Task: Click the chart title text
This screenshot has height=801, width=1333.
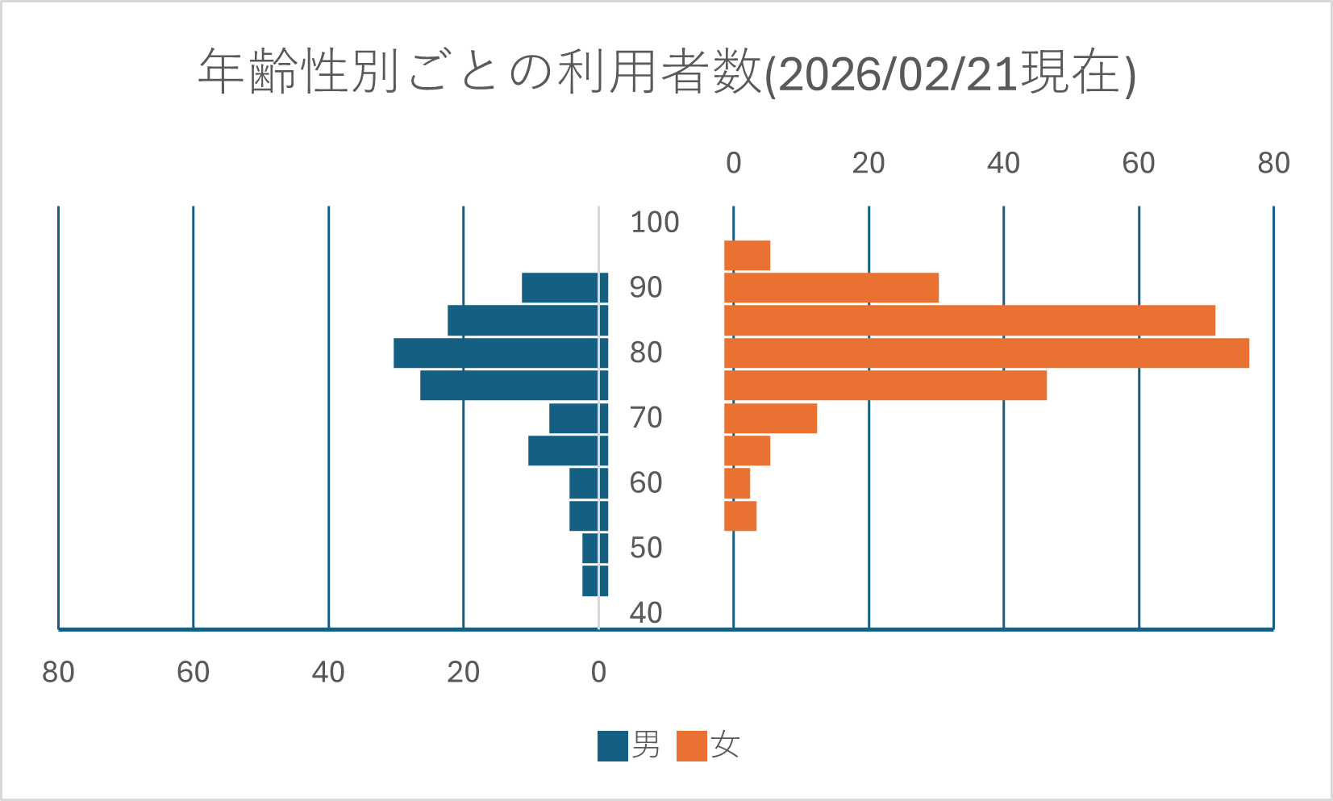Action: pyautogui.click(x=666, y=73)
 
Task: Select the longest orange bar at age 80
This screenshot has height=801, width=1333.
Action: pyautogui.click(x=985, y=353)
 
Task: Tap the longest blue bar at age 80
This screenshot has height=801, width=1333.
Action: pyautogui.click(x=500, y=353)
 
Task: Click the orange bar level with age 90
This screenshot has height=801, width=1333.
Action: pyautogui.click(x=831, y=288)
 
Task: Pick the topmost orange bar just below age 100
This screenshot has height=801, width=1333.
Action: pyautogui.click(x=747, y=256)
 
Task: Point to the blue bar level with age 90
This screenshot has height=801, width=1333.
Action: pyautogui.click(x=564, y=288)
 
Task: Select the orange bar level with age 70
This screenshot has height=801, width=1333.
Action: pyautogui.click(x=770, y=419)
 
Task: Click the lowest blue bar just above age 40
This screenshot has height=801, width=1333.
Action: pyautogui.click(x=595, y=581)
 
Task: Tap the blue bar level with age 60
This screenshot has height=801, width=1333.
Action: pyautogui.click(x=588, y=483)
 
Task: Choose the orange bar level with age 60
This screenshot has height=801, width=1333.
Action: pyautogui.click(x=737, y=483)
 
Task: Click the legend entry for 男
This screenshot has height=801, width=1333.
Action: pyautogui.click(x=630, y=745)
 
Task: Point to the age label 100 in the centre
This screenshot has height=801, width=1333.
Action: pyautogui.click(x=654, y=223)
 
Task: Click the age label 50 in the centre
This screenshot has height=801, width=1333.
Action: pyautogui.click(x=646, y=549)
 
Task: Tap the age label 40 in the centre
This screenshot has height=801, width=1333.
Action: pyautogui.click(x=646, y=613)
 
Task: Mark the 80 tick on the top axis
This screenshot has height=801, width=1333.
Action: pyautogui.click(x=1273, y=164)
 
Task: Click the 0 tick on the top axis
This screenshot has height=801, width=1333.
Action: pyautogui.click(x=733, y=164)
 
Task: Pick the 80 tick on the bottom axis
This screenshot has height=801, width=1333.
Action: pyautogui.click(x=58, y=672)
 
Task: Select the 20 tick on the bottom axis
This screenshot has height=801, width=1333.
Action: pyautogui.click(x=464, y=672)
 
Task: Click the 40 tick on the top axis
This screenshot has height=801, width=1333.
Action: pyautogui.click(x=1003, y=164)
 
